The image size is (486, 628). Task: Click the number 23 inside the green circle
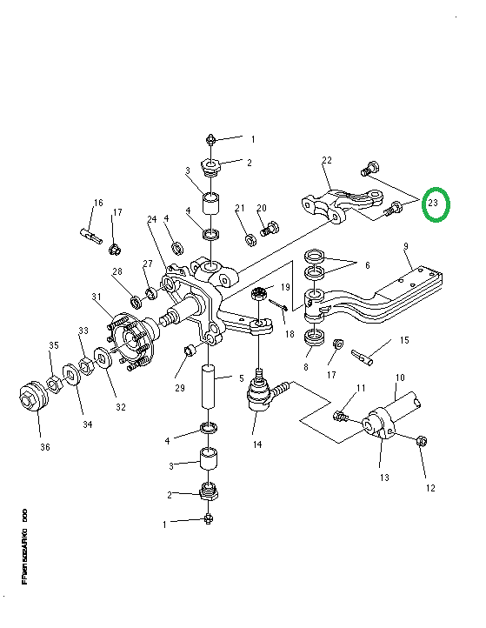tap(436, 205)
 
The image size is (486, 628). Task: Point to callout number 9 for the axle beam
tap(406, 247)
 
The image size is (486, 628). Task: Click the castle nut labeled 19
tap(258, 296)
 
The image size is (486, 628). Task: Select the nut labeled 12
tap(421, 441)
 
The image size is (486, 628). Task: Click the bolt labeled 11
tap(342, 417)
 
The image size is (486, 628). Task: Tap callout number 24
tap(150, 219)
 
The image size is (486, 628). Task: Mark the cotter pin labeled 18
tap(276, 304)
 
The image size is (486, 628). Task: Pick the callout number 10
tap(400, 378)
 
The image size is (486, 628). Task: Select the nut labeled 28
tap(136, 302)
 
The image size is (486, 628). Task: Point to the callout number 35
tap(53, 345)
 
